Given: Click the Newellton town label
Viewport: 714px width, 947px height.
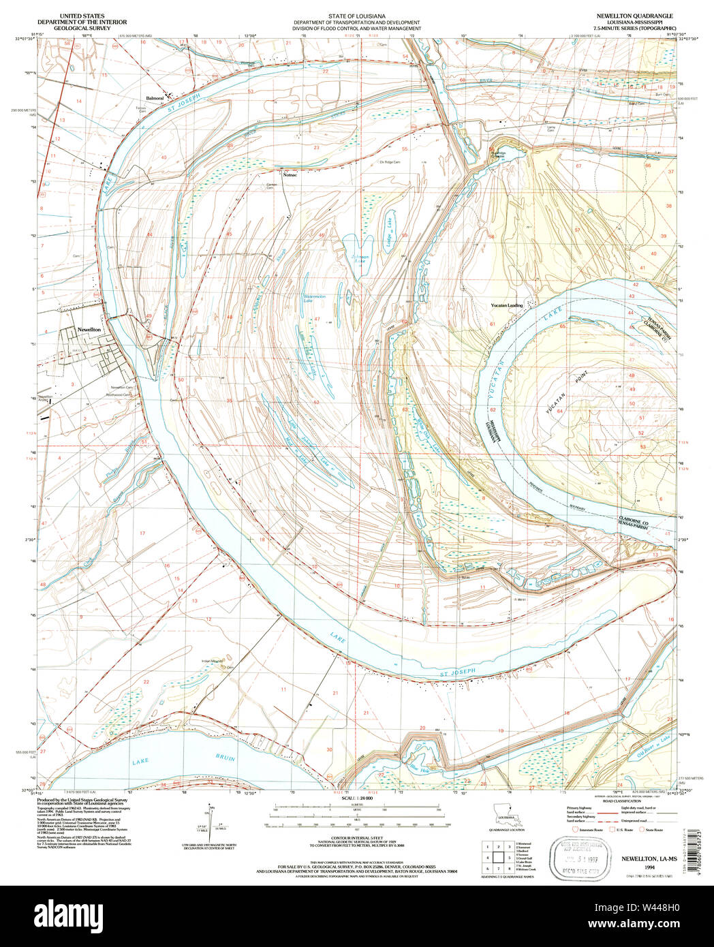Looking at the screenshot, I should [x=89, y=329].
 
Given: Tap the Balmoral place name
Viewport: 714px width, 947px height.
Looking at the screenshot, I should [x=155, y=98].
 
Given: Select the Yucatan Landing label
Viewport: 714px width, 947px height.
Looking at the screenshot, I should [x=507, y=305].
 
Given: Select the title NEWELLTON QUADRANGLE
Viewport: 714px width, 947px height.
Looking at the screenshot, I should [x=634, y=16].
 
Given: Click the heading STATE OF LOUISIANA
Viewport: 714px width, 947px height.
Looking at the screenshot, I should [x=356, y=16].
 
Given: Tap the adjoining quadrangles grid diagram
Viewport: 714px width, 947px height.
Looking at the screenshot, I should [x=498, y=856].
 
